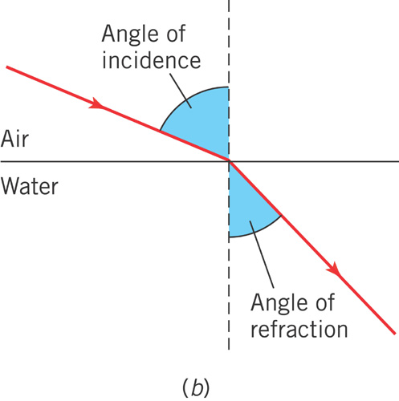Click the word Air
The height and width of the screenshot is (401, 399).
[x=14, y=139]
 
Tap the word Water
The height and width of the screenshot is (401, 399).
[x=30, y=186]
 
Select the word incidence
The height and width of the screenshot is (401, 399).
[x=151, y=60]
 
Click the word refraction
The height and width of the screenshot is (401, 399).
[x=299, y=329]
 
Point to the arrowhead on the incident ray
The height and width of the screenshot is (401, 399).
[x=96, y=103]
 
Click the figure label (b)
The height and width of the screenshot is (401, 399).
[x=196, y=388]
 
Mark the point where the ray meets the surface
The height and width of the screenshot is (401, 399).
[x=230, y=161]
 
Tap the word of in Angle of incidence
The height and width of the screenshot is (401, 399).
[x=176, y=34]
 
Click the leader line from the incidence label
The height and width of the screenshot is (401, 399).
[x=181, y=90]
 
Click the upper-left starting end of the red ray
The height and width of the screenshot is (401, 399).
[x=6, y=67]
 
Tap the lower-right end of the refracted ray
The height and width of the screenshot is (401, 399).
[x=395, y=334]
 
